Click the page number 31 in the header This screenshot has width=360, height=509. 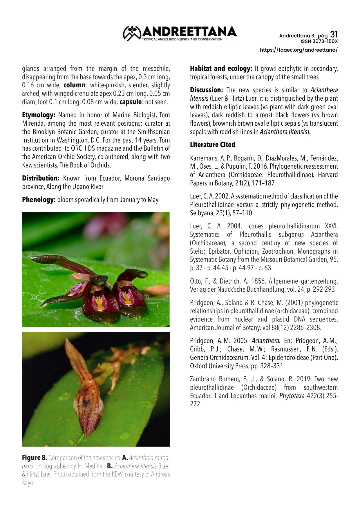[x=334, y=35]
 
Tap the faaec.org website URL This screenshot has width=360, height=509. [x=299, y=50]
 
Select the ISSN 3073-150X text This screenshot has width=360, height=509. [x=319, y=41]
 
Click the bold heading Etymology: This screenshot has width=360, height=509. [x=39, y=115]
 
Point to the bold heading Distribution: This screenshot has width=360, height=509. [x=41, y=178]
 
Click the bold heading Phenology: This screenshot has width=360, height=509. [x=39, y=200]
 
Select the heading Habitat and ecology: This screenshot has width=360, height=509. [x=221, y=69]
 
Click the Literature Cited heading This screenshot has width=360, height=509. [x=212, y=145]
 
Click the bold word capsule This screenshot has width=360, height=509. [x=131, y=102]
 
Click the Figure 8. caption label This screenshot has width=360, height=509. [x=35, y=458]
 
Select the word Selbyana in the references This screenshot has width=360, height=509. [x=202, y=213]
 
